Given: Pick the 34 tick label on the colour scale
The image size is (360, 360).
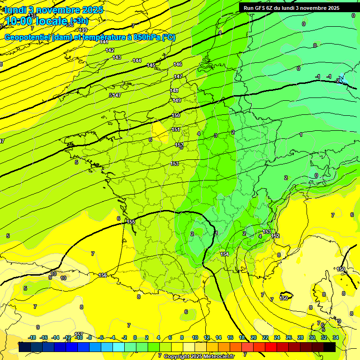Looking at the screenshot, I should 335,337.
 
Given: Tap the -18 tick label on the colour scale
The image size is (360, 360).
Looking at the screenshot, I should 32,337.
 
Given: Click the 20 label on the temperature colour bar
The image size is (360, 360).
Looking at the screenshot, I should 254,337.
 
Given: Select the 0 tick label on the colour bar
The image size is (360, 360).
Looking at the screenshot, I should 135,337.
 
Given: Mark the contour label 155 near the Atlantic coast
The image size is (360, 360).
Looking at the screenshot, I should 131,222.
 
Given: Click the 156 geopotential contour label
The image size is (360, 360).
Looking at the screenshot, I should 103,275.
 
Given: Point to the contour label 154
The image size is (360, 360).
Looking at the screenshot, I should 225,254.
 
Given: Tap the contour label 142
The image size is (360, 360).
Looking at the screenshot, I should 110,50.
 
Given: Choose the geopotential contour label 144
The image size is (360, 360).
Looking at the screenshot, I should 137,60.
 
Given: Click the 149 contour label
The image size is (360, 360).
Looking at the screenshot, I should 177,100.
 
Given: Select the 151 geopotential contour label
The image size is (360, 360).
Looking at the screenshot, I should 175,129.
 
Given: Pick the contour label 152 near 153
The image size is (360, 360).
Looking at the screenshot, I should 276,236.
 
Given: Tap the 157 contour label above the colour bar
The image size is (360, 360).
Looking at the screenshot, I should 79,334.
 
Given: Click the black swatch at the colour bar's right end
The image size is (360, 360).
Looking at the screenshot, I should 329,347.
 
